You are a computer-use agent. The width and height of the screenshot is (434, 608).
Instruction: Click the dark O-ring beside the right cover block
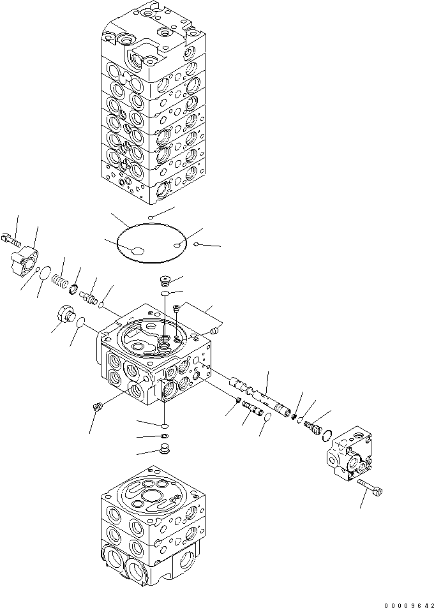327,436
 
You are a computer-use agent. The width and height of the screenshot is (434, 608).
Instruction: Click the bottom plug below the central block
164,450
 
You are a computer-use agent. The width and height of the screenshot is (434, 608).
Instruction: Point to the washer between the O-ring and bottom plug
164,436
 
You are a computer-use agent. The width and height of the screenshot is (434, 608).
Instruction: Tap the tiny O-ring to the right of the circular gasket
198,243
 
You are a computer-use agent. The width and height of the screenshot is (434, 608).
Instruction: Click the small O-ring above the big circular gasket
150,218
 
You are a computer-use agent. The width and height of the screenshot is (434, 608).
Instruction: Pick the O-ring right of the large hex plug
80,325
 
